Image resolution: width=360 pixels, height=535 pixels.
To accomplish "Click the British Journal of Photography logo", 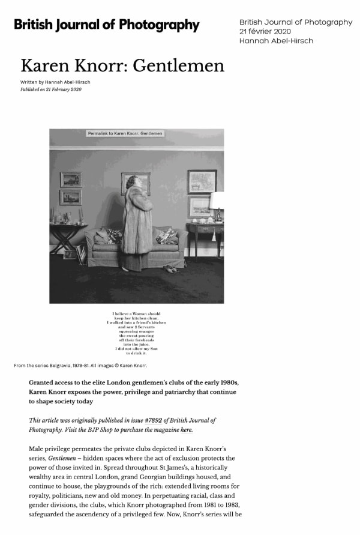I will pos(106,25).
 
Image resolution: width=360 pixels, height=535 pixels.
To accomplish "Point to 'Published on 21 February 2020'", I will pos(50,89).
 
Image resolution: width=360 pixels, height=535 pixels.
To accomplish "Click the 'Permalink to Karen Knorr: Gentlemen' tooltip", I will pos(125,133).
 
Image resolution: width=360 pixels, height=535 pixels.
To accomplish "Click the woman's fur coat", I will pos(137,228).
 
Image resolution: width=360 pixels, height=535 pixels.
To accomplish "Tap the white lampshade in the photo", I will pos(217,200).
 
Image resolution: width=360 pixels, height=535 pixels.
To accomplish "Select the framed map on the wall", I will pos(202,181).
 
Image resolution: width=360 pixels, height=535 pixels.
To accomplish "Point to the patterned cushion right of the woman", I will pos(167,236).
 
